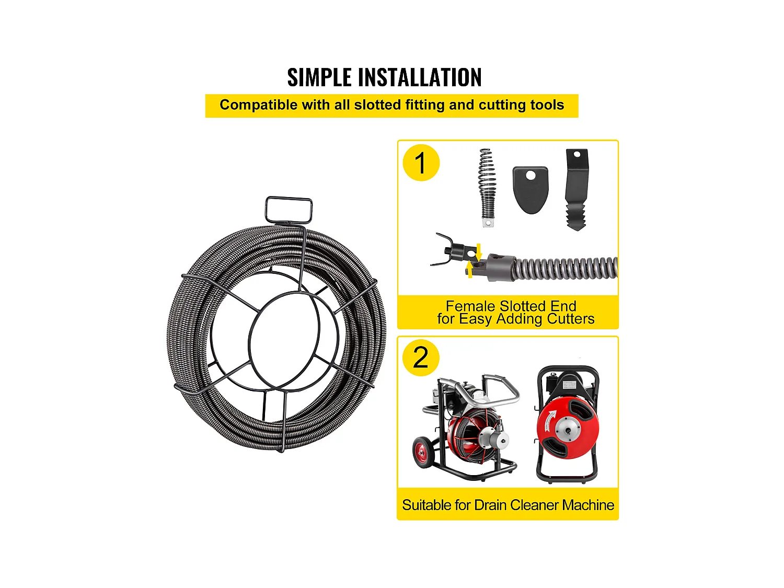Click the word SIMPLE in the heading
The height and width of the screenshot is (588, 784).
click(x=319, y=77)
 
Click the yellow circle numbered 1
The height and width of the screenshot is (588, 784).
click(x=421, y=163)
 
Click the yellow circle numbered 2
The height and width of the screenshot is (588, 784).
click(x=421, y=358)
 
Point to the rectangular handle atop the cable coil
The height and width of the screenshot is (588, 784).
click(x=289, y=210)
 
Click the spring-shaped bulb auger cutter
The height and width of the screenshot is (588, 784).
click(x=487, y=188)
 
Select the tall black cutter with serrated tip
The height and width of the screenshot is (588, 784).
click(x=576, y=190)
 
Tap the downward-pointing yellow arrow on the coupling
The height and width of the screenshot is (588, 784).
click(x=479, y=251)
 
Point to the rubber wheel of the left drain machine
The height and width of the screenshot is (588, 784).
click(x=422, y=453)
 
